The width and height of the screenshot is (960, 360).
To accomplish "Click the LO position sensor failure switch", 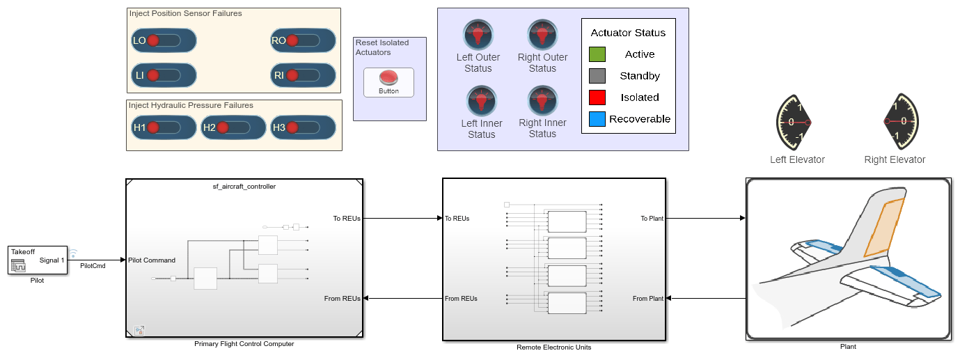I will coord(164,41).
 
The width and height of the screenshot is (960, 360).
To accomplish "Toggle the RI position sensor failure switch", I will coord(303,75).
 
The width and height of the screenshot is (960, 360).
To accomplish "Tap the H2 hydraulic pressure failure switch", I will coord(233,127).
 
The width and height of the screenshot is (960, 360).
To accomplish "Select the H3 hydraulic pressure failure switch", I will coord(303,127).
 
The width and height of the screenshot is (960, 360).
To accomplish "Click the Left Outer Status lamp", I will coord(478,35).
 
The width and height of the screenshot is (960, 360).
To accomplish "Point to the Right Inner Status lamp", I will coord(542,101).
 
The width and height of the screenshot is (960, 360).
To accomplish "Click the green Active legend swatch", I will coord(597,54).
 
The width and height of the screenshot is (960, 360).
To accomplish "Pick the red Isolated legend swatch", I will coord(597,97).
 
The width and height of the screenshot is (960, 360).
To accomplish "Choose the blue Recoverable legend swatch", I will coord(597,119).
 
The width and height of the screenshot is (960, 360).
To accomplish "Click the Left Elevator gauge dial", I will coord(794,122).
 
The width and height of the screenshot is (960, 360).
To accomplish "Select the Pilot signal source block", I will coord(38,260).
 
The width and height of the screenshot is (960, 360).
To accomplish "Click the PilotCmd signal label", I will coord(93,265).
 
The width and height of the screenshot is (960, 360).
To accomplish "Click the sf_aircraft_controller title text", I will coord(244,186).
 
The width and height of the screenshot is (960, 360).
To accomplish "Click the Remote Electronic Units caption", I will coord(553,347).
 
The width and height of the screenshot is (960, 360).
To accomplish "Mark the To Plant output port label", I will coord(652,219).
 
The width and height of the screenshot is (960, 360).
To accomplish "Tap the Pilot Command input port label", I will coord(152,260).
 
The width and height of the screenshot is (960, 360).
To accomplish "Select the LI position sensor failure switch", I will coord(164,75).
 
